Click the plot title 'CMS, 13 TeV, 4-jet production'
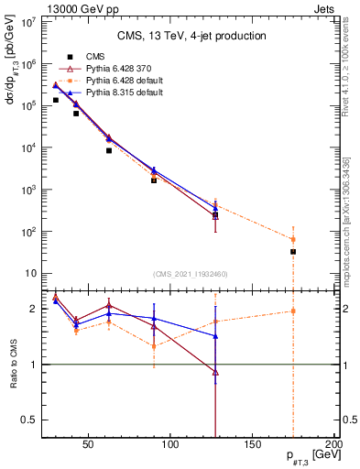click(191, 37)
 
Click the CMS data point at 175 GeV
click(293, 251)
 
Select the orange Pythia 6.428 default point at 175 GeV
click(293, 239)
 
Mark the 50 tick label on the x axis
click(89, 445)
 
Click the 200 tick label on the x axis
click(335, 445)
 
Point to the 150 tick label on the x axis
click(253, 445)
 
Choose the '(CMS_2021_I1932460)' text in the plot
click(191, 274)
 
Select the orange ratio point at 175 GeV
click(293, 311)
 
